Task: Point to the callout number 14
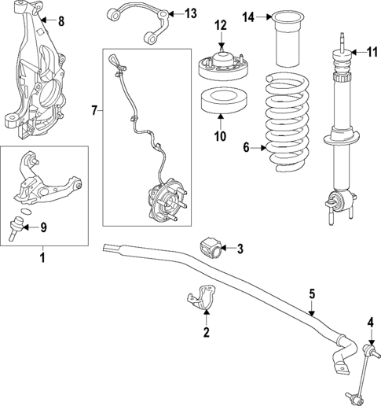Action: (248, 17)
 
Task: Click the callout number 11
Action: (372, 52)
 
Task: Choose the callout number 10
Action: (221, 136)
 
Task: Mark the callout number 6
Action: (246, 146)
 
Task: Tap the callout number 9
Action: (43, 228)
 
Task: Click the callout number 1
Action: (42, 256)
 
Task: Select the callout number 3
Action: (240, 249)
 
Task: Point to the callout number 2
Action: (207, 332)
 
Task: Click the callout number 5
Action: (312, 294)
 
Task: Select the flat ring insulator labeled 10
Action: (221, 101)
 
